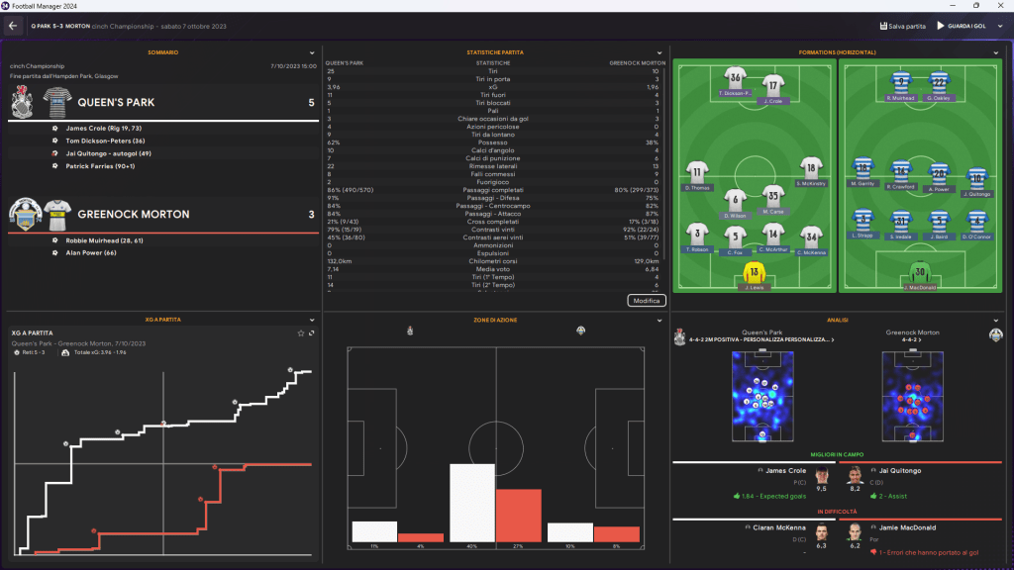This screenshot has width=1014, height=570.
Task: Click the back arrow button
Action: coord(14,25)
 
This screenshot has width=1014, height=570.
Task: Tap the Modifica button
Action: coord(646,300)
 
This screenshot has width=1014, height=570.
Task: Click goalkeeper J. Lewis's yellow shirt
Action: coord(755,272)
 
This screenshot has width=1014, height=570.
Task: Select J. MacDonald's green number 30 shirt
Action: coord(921,272)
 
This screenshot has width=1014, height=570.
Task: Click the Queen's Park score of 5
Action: coord(311,102)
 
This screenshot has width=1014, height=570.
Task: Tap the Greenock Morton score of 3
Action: coord(311,215)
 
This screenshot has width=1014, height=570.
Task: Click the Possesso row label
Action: coord(492,142)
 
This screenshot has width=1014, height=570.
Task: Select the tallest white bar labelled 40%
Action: coord(471,503)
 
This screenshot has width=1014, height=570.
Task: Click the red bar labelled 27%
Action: coord(518,516)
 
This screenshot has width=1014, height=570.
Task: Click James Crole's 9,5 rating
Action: coord(821,488)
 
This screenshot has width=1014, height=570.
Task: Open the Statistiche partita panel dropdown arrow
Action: coord(659,52)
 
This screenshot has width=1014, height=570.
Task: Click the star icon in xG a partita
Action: coord(301,333)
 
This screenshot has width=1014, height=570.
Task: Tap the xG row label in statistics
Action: coord(492,87)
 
